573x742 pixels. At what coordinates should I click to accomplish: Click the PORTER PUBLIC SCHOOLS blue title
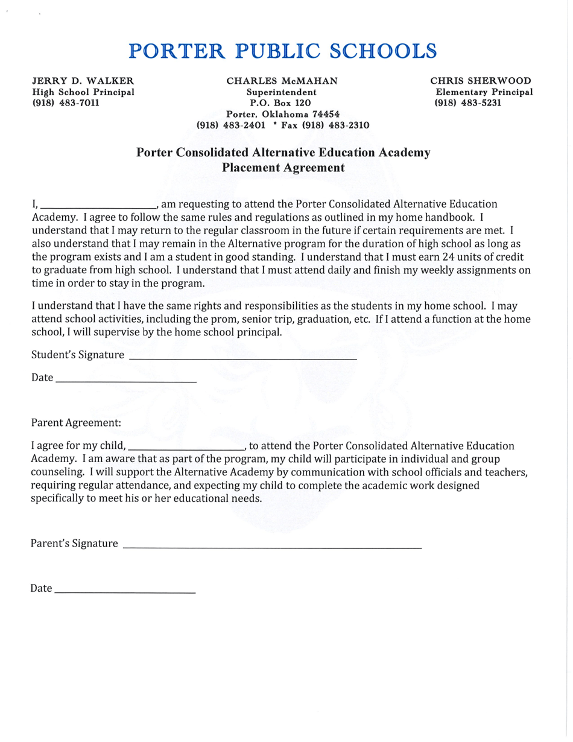click(283, 51)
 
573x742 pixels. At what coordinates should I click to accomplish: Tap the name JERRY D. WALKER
click(83, 81)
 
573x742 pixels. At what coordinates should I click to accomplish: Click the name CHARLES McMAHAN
click(282, 81)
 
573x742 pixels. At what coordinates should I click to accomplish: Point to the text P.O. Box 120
click(282, 103)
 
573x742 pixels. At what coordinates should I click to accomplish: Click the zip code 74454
click(325, 114)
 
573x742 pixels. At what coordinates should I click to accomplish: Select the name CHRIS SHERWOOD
click(480, 81)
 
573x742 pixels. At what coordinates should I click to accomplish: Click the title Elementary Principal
click(484, 92)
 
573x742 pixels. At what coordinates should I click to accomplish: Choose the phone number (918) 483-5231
click(468, 103)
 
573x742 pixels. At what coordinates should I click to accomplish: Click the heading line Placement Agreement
click(283, 168)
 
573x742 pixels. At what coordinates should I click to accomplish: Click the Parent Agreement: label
click(76, 423)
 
